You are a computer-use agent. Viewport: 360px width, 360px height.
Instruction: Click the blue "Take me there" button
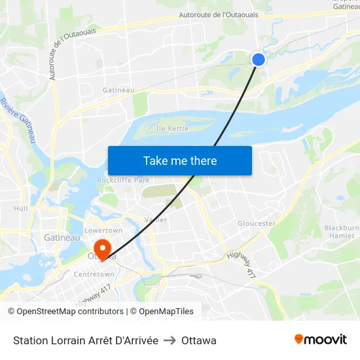click(x=180, y=160)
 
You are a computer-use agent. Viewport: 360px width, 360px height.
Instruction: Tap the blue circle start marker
click(x=259, y=60)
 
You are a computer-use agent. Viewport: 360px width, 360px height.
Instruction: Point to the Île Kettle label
click(x=171, y=128)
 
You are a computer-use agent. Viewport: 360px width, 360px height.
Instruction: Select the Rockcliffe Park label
click(x=123, y=180)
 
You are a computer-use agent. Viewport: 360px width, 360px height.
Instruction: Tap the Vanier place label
click(x=155, y=220)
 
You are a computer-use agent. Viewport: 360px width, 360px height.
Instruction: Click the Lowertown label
click(x=103, y=230)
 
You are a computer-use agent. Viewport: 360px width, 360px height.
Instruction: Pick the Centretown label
click(x=94, y=274)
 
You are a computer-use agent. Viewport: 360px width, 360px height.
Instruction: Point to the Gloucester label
click(x=257, y=223)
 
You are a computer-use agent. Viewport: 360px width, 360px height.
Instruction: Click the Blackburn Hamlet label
click(x=342, y=232)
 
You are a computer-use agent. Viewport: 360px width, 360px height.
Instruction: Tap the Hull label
click(x=21, y=208)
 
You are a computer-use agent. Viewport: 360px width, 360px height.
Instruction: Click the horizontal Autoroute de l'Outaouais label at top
click(x=219, y=14)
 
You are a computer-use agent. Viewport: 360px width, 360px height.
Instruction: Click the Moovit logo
click(x=320, y=339)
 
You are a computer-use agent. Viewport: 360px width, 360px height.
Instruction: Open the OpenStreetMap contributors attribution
click(x=65, y=312)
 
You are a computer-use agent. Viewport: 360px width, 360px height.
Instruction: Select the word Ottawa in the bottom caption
click(x=199, y=340)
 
